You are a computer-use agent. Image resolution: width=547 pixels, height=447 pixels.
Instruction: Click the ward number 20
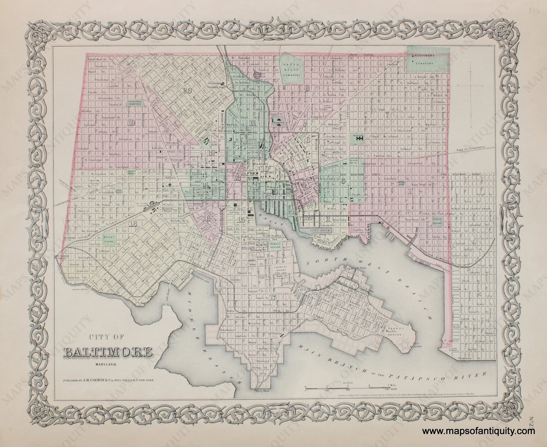pos(187,90)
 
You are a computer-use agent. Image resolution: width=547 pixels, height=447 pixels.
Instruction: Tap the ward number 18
pos(134,224)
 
